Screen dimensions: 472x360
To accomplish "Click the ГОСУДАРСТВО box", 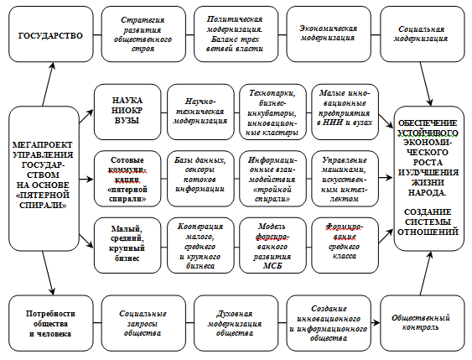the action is [x=51, y=34].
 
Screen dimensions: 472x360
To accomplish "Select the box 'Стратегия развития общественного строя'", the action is [x=143, y=34].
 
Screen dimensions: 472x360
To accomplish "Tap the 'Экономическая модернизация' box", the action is [x=329, y=34].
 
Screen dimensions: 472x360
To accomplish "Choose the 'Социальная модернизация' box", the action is [x=423, y=34].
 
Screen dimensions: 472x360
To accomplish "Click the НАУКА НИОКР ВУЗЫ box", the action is [x=127, y=112].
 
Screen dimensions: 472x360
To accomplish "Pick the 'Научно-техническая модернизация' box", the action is [x=200, y=112].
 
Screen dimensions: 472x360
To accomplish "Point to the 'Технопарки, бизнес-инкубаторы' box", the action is [x=272, y=112].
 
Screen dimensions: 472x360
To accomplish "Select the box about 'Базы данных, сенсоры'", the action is [x=200, y=179].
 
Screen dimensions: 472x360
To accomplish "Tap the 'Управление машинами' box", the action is [x=345, y=179].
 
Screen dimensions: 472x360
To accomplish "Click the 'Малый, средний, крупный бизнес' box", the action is [x=127, y=245].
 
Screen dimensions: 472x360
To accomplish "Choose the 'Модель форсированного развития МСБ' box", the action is [x=272, y=245].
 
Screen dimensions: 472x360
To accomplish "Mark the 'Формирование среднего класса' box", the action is [x=345, y=245].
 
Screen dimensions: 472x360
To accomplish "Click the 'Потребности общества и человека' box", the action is [x=51, y=323].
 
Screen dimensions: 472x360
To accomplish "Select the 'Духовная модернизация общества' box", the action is [x=236, y=323].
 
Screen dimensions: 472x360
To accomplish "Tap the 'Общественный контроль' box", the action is [x=423, y=323].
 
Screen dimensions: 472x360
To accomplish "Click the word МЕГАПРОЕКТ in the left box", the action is [x=43, y=145].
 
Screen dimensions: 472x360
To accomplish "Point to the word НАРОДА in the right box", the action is [x=428, y=192].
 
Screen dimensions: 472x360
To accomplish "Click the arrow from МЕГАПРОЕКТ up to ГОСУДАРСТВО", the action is [x=48, y=84].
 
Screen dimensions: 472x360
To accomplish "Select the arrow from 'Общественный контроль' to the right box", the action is [x=426, y=274].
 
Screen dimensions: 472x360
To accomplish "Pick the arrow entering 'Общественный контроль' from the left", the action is [x=376, y=323].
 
